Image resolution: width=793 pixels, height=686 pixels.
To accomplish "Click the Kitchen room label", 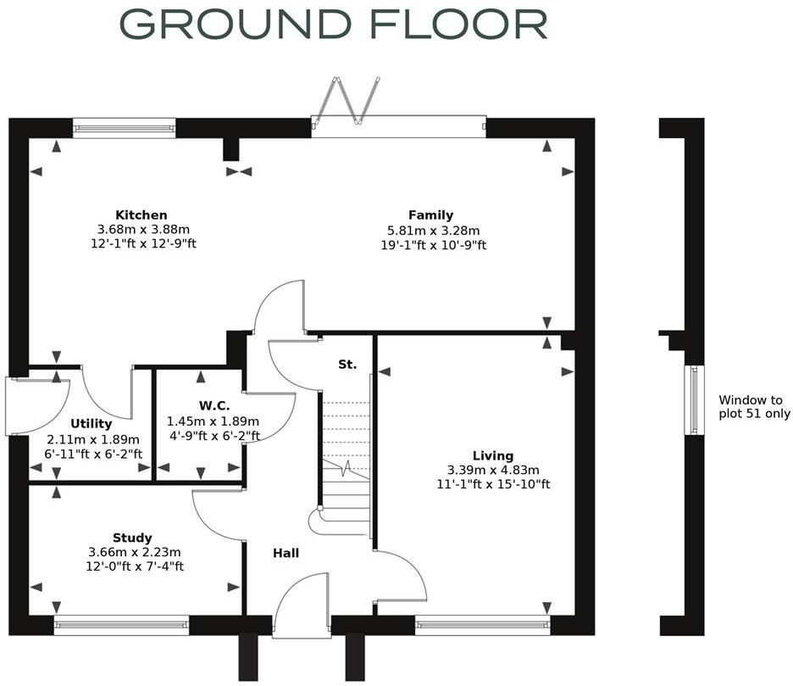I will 141,215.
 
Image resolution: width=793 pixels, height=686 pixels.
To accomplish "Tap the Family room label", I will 430,215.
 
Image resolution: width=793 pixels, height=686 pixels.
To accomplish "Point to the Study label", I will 132,538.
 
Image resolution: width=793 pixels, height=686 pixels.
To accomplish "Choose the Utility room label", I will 91,424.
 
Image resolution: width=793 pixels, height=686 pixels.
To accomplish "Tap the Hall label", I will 286,553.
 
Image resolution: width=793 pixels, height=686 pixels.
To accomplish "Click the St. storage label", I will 347,365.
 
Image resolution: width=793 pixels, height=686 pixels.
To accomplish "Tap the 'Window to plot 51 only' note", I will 754,407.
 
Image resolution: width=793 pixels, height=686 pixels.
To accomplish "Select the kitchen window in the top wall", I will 124,128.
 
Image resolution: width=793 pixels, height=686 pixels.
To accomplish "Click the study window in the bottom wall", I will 121,626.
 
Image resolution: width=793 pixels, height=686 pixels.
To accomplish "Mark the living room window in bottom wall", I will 482,626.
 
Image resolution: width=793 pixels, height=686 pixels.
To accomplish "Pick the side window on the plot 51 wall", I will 694,400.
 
